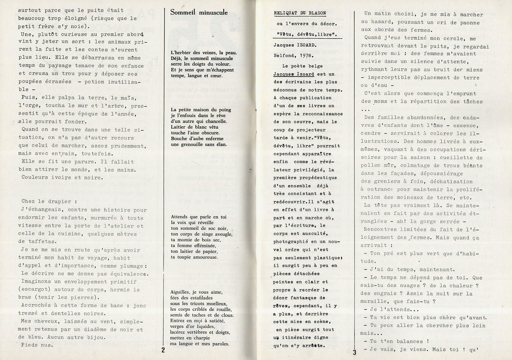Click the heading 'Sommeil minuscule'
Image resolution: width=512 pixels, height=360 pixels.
click(x=199, y=13)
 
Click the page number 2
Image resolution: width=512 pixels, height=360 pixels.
click(x=163, y=350)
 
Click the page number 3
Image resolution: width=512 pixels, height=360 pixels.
click(x=354, y=353)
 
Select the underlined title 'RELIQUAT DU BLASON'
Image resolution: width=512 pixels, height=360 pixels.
click(x=300, y=13)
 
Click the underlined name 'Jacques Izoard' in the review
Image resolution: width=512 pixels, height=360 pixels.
click(x=290, y=74)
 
